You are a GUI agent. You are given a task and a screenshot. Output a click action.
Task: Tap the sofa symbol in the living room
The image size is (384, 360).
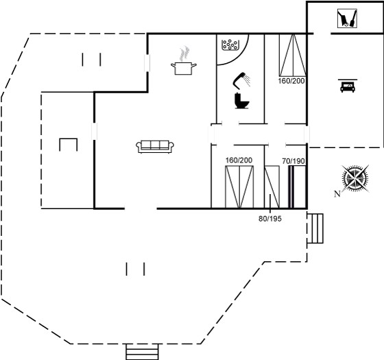[x=155, y=147]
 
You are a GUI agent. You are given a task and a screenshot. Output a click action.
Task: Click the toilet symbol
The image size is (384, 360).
[x=241, y=101]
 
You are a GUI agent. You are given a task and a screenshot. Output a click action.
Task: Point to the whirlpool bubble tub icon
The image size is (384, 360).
[x=230, y=45]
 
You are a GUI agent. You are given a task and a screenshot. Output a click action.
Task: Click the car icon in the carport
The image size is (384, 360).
[x=348, y=86]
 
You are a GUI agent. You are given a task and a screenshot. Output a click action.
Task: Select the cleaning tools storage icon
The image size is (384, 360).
[x=347, y=19]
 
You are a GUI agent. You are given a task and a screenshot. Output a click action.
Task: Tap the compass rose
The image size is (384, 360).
[x=355, y=178]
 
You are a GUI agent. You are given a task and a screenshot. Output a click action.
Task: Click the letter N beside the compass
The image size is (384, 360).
[x=337, y=194]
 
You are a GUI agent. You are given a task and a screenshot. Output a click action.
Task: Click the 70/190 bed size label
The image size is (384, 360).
[x=293, y=161]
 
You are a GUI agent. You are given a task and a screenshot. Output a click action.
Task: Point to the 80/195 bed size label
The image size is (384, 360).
[x=270, y=219]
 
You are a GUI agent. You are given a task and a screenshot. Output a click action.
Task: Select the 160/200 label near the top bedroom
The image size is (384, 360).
[x=291, y=81]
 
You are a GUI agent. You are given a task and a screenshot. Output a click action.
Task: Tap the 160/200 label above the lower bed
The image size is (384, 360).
[x=239, y=160]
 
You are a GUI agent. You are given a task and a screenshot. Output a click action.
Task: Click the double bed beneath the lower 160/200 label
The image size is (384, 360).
[x=239, y=187]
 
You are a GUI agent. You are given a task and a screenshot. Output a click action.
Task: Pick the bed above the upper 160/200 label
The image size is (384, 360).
[x=293, y=55]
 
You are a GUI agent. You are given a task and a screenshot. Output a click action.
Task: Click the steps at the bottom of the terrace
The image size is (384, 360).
[x=143, y=352]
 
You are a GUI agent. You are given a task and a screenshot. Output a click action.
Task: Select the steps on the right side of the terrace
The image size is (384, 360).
[x=315, y=228]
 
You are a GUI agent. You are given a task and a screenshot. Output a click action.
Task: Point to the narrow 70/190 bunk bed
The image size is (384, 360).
[x=298, y=187]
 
